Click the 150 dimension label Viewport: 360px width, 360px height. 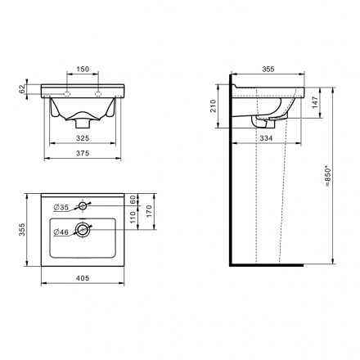click(83, 70)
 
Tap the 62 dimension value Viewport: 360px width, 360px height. click(22, 89)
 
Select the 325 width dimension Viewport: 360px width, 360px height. click(83, 138)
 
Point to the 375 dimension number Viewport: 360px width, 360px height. click(83, 154)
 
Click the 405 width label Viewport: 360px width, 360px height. click(83, 278)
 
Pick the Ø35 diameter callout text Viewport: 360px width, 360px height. click(61, 208)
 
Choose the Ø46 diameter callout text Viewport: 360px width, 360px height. click(61, 232)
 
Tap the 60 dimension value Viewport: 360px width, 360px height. click(133, 200)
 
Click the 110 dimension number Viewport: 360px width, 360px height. click(133, 218)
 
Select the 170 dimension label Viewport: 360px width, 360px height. click(149, 211)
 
